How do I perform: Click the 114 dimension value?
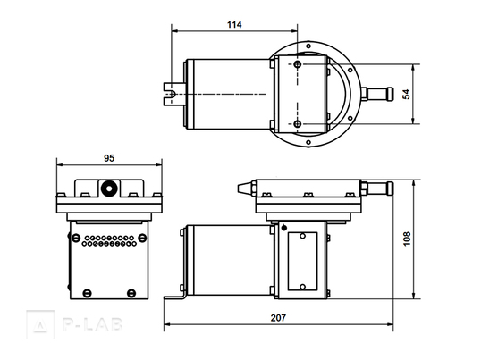click(x=234, y=24)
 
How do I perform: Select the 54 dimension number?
click(x=406, y=94)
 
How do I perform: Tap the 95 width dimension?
click(x=109, y=158)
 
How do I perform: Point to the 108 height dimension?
click(x=407, y=239)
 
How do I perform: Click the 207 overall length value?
click(x=278, y=318)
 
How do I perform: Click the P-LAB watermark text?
click(x=93, y=324)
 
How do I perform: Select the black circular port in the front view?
click(x=109, y=188)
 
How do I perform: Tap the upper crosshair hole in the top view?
click(x=297, y=64)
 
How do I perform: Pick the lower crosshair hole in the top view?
click(x=297, y=124)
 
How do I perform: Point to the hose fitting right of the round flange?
click(x=377, y=94)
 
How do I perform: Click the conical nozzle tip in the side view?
click(x=244, y=188)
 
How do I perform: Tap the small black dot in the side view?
click(x=284, y=228)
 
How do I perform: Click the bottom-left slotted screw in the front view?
click(x=87, y=293)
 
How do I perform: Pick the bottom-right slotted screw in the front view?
click(x=131, y=293)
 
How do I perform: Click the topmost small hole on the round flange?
click(x=308, y=46)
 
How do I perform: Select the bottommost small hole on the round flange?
click(x=308, y=142)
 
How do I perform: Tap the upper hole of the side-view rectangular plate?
click(x=302, y=236)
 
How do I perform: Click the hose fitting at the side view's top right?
click(x=377, y=188)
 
